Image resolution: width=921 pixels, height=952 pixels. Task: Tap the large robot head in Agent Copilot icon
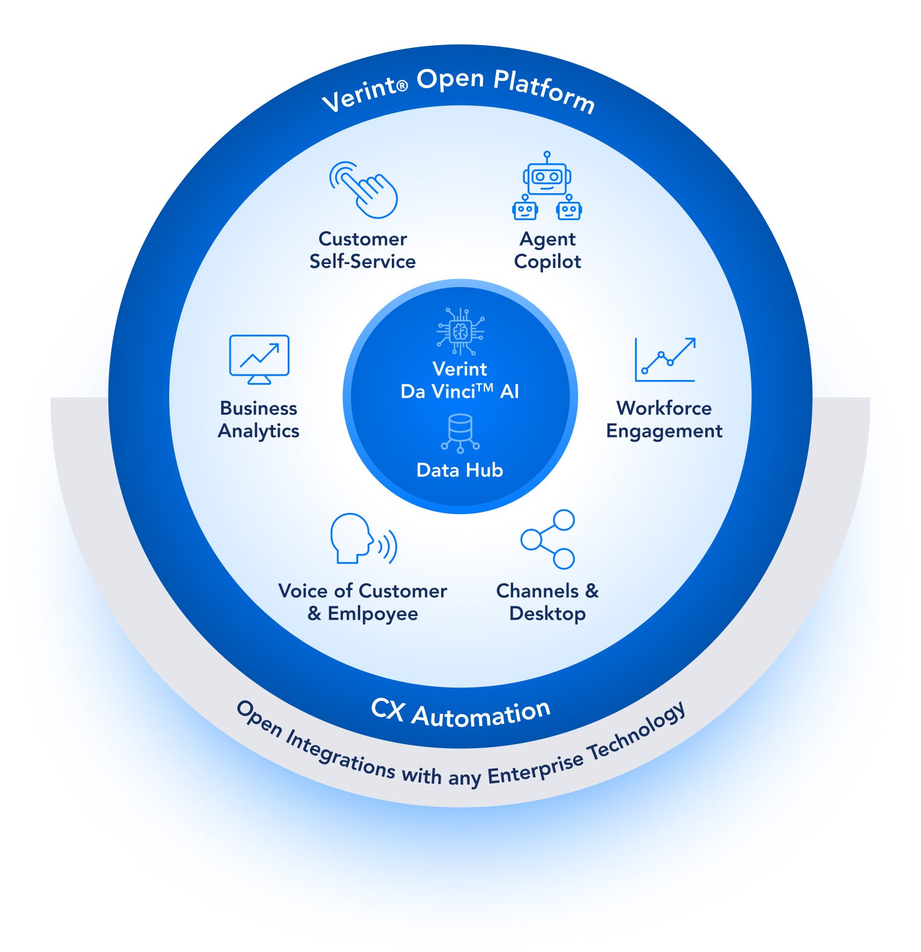[547, 177]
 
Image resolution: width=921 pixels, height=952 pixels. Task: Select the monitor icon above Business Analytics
[259, 358]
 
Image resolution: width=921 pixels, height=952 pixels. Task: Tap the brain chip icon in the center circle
[460, 331]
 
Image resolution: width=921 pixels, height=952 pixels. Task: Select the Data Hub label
[460, 470]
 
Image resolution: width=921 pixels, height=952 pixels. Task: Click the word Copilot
[547, 262]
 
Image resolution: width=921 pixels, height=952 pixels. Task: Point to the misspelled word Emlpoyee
[372, 613]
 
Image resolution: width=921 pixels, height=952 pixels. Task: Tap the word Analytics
[258, 431]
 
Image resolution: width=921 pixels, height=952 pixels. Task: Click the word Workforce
[664, 408]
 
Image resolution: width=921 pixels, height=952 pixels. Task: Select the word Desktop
[547, 613]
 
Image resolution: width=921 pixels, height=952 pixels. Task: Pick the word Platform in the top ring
[544, 91]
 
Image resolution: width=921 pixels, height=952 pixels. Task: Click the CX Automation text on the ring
[460, 714]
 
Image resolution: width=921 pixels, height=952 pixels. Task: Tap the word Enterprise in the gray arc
[535, 769]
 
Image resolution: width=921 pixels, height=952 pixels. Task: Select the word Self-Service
[362, 262]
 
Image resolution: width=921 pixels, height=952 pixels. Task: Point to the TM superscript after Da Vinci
[485, 386]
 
